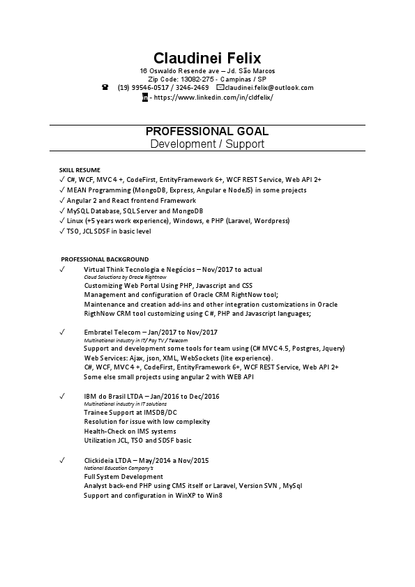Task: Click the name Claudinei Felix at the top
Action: tap(207, 57)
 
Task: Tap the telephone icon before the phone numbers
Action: tap(105, 88)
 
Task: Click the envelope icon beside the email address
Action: tap(220, 88)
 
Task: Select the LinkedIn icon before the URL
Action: tap(144, 98)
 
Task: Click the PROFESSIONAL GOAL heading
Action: tap(207, 131)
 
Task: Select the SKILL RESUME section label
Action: tap(80, 169)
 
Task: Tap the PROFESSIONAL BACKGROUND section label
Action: tap(104, 259)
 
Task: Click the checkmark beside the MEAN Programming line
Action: tap(62, 190)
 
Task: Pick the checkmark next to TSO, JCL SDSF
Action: tap(62, 231)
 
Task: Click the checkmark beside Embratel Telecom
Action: tap(62, 332)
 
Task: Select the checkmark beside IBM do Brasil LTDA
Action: tap(62, 396)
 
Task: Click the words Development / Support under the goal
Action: tap(207, 144)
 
